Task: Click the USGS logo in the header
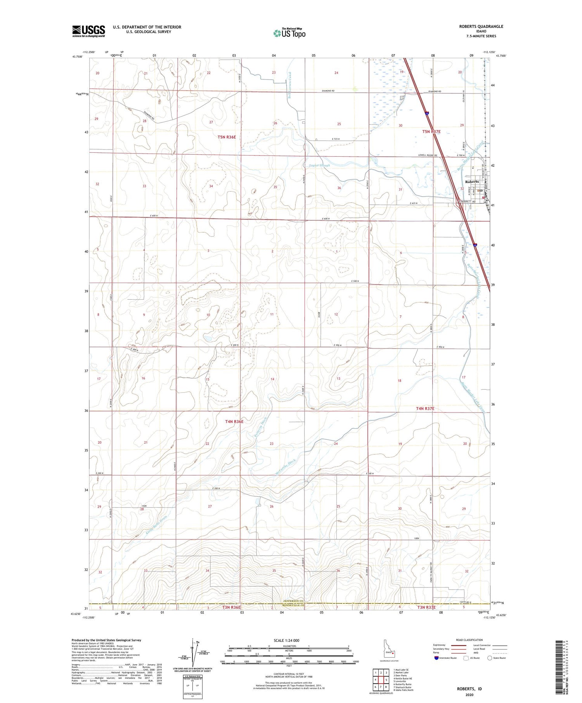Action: click(88, 31)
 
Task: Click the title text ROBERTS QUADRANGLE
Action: click(481, 26)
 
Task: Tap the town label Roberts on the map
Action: click(472, 181)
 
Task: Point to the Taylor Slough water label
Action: click(319, 166)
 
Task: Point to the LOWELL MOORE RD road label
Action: click(428, 155)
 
